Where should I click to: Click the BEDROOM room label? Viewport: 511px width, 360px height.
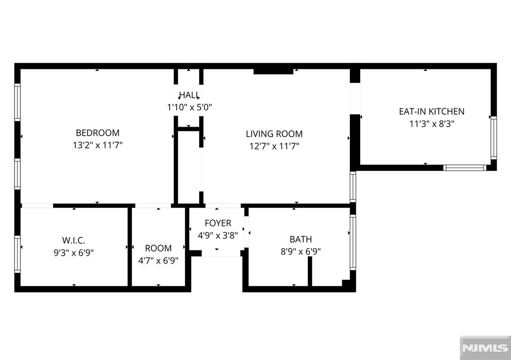click(97, 133)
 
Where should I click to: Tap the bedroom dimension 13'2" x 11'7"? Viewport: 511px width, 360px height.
click(97, 145)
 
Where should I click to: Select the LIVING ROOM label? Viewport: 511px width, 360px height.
click(274, 134)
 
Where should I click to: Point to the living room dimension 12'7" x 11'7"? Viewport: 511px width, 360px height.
click(274, 146)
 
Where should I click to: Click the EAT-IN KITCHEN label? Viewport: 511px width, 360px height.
click(432, 111)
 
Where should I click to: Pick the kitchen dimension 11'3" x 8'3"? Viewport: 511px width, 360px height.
click(432, 124)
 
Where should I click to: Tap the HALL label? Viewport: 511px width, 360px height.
click(189, 95)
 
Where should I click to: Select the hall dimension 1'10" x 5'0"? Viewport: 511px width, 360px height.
click(189, 107)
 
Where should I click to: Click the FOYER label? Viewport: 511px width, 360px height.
click(218, 223)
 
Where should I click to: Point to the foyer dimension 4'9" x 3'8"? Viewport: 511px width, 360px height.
click(218, 235)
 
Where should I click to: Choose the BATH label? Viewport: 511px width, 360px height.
click(300, 239)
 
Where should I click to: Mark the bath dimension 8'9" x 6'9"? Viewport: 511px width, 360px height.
click(300, 251)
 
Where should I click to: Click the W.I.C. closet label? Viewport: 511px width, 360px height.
click(74, 240)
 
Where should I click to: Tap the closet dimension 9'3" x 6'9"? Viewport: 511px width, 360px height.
click(74, 253)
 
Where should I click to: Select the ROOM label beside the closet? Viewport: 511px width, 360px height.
click(158, 248)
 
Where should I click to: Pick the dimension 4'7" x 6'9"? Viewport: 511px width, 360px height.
click(158, 260)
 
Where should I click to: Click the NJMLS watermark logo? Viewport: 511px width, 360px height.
click(485, 348)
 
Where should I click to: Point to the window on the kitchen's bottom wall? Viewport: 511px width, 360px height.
click(465, 168)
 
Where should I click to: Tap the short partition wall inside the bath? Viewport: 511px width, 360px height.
click(310, 271)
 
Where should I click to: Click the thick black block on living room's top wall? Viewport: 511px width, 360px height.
click(273, 71)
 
